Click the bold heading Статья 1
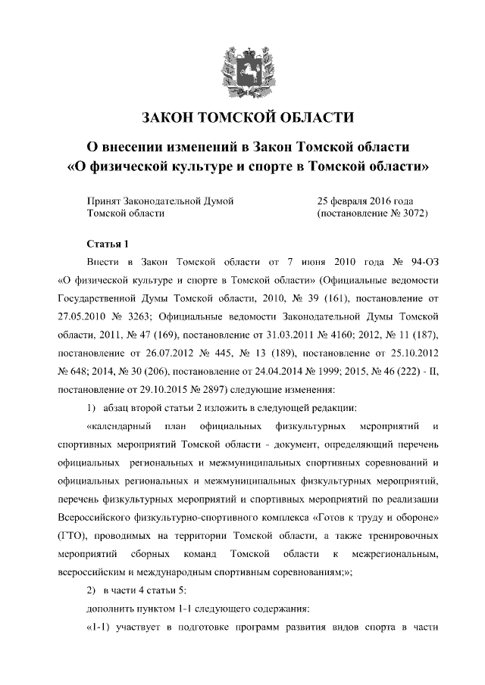coord(107,244)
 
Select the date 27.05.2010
coord(83,315)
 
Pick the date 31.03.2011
coord(275,333)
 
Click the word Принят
coord(99,201)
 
